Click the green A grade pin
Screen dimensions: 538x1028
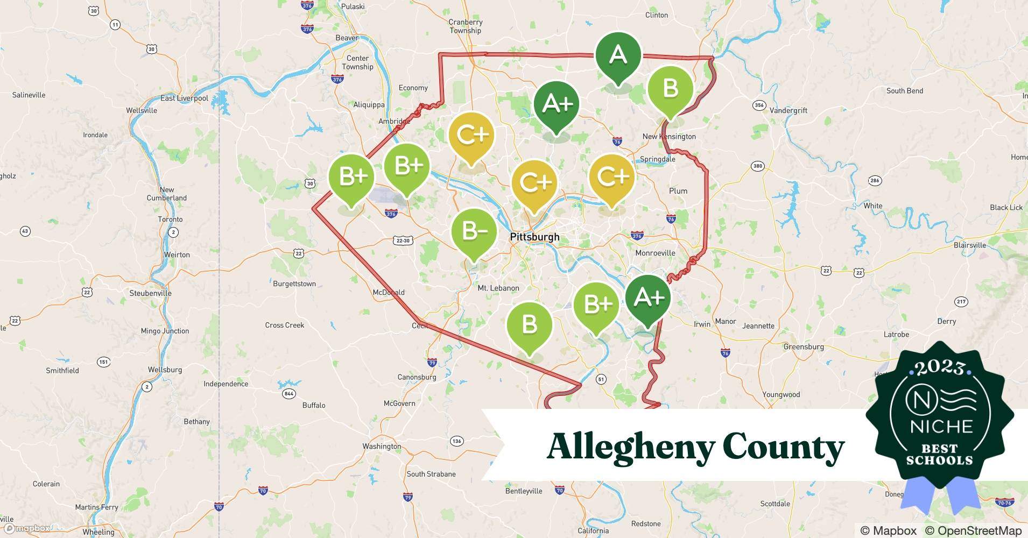coord(618,55)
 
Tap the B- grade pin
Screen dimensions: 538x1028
coord(474,232)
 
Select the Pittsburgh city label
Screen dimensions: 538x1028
coord(534,237)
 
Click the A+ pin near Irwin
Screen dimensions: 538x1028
coord(648,298)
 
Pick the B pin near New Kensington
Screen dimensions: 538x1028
coord(670,89)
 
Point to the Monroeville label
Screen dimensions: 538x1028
coord(655,253)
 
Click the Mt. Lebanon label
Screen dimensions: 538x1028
coord(498,288)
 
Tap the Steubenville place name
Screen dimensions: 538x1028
coord(150,293)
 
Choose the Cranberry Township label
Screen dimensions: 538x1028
coord(466,26)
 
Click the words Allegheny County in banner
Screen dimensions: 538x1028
coord(695,447)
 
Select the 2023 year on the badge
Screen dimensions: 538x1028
coord(940,367)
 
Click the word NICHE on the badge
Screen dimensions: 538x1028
coord(941,427)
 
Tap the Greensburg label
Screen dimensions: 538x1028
coord(804,346)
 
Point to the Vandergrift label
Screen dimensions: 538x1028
coord(788,110)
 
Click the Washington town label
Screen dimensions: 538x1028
coord(382,446)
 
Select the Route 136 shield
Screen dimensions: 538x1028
coord(456,441)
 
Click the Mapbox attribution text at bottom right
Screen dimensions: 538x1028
coord(888,530)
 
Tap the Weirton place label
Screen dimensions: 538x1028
coord(177,254)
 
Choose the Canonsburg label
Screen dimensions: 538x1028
coord(417,377)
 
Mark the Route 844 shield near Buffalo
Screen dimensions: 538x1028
coord(289,394)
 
